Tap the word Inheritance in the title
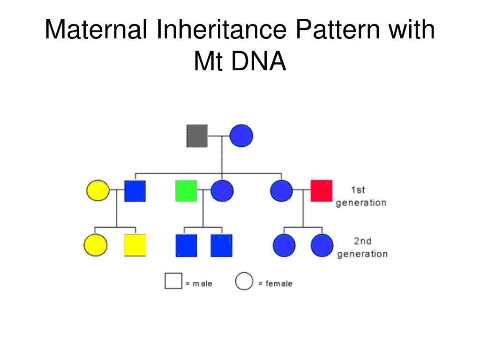tap(221, 30)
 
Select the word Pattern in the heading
tap(339, 30)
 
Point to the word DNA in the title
tap(258, 62)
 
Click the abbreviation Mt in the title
tap(209, 62)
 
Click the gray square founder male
tap(197, 136)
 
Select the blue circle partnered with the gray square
tap(241, 136)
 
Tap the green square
tap(186, 191)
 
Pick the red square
tap(322, 191)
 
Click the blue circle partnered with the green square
tap(222, 191)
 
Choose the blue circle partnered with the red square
tap(282, 191)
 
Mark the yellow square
tap(135, 245)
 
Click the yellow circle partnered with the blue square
tap(98, 191)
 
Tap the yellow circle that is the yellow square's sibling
tap(96, 245)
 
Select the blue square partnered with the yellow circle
tap(135, 191)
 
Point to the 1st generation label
tap(361, 196)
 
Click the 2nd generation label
tap(362, 247)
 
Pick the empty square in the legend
tap(173, 281)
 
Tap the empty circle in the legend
tap(244, 281)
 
